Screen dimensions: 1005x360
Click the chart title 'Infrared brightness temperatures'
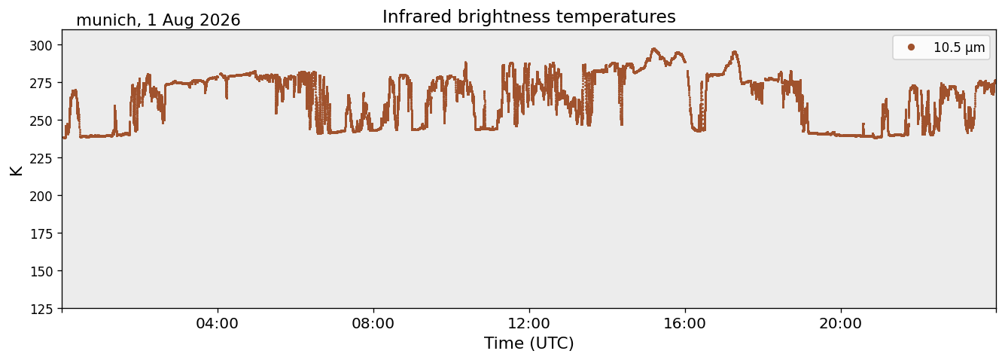point(529,17)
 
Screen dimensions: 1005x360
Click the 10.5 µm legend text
point(959,47)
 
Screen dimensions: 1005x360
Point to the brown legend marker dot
point(911,47)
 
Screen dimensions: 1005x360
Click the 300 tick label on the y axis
point(41,45)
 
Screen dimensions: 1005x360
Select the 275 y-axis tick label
point(41,83)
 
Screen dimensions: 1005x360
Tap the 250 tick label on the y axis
point(41,121)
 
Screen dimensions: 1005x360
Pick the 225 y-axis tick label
point(41,158)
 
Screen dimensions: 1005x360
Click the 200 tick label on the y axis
point(41,196)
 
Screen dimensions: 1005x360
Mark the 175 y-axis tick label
point(41,234)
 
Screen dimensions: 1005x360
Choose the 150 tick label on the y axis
point(41,272)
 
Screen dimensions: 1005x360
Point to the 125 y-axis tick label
point(41,310)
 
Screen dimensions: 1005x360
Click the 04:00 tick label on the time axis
point(218,323)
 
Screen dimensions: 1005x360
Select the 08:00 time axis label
point(373,323)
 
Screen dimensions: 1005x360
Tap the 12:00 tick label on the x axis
point(529,323)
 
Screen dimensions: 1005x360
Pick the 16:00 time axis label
point(684,323)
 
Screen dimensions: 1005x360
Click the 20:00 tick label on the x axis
point(840,323)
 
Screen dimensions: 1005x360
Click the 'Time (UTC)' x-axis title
point(529,343)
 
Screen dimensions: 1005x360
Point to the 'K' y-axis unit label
point(16,170)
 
